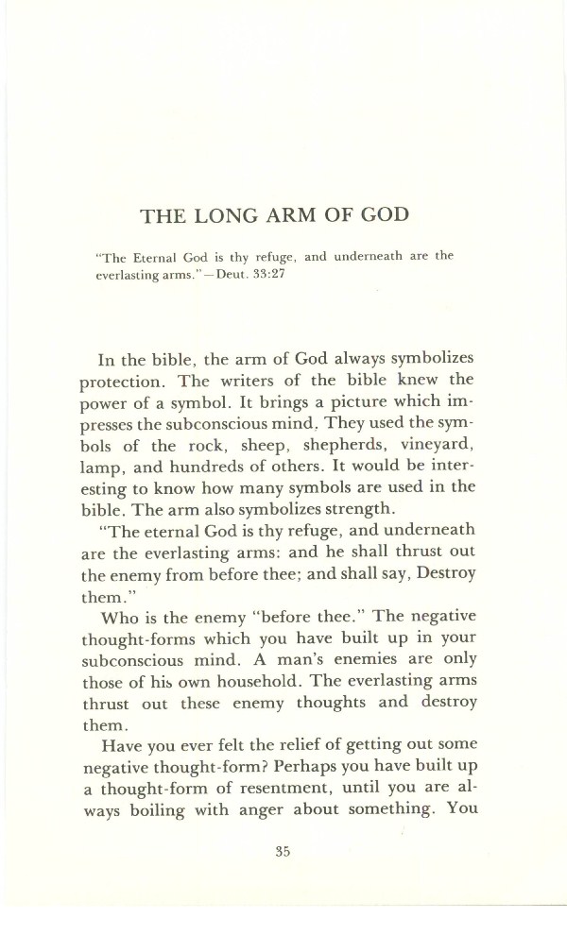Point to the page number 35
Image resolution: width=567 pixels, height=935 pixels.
(x=282, y=851)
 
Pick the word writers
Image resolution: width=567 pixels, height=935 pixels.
(x=255, y=384)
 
